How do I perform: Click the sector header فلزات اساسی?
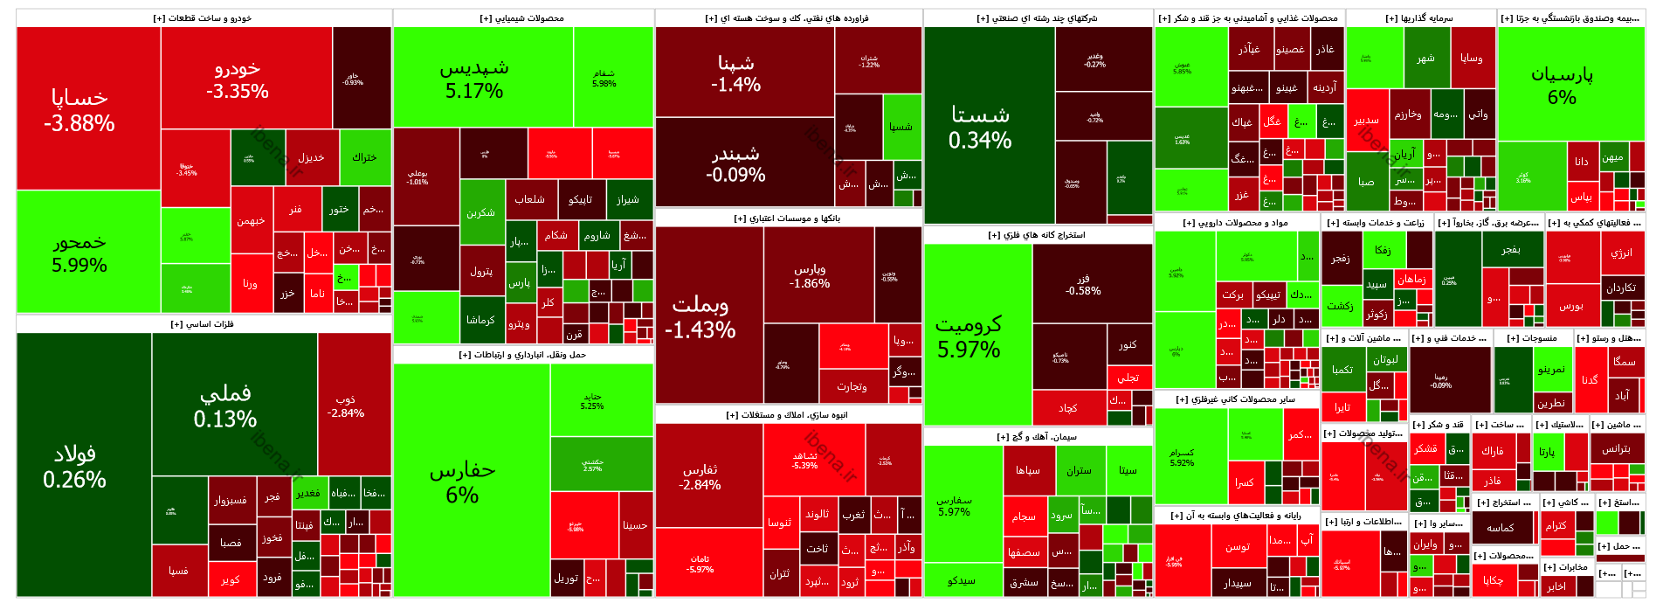coord(203,324)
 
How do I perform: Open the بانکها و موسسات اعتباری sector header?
coord(788,218)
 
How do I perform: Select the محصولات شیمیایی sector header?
coord(522,18)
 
